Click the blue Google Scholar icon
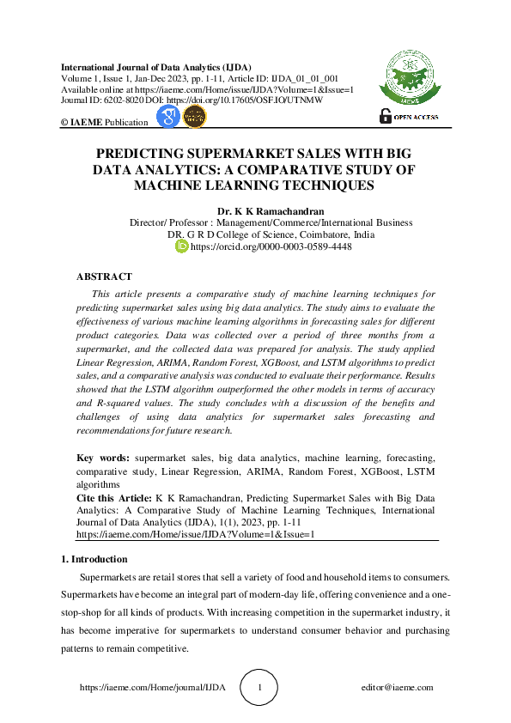(x=169, y=118)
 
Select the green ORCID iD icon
(x=181, y=246)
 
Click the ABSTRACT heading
(x=104, y=276)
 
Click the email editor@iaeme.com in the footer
(x=398, y=688)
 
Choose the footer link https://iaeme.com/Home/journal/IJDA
(x=154, y=688)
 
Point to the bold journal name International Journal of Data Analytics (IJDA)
(x=143, y=66)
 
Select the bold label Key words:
(x=103, y=459)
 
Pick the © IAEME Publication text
(x=104, y=123)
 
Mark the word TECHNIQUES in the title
(x=332, y=185)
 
